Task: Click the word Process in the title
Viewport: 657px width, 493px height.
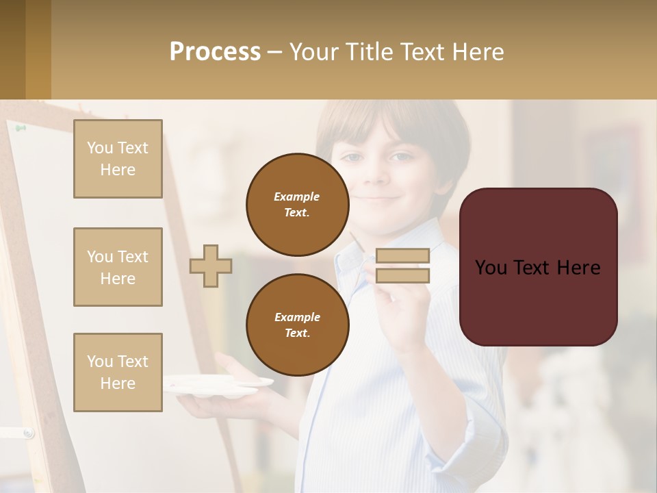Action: click(215, 52)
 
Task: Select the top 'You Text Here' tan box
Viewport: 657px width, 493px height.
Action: click(118, 159)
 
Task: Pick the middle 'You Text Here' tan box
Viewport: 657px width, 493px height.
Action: click(118, 267)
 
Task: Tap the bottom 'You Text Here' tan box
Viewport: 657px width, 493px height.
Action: click(118, 372)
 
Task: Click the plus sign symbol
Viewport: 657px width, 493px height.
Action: click(211, 266)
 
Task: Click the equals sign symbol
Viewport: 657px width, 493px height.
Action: click(402, 266)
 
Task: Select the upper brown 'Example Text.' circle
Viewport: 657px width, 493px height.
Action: click(297, 205)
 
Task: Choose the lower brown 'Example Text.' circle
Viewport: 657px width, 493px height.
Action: click(297, 325)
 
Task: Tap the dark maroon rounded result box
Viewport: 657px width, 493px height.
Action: click(538, 267)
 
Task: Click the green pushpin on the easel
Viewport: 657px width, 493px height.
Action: click(21, 127)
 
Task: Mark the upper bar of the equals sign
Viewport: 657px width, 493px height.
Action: click(402, 255)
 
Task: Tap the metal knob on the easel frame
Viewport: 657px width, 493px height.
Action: click(27, 433)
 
